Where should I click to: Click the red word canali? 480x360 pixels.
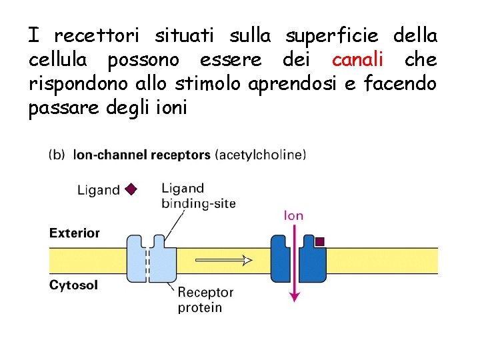357,61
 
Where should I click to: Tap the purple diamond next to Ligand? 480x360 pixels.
131,189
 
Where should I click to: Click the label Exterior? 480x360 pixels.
75,233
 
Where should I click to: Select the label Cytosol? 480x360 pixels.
74,285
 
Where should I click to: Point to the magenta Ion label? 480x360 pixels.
294,215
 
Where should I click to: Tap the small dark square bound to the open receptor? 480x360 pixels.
320,241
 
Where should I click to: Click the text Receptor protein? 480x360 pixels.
205,299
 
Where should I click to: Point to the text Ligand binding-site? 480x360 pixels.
198,196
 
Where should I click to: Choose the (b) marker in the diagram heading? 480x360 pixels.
57,155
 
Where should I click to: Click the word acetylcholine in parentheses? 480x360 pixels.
261,155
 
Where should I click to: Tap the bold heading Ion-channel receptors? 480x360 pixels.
141,155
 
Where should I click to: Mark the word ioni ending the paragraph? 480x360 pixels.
172,109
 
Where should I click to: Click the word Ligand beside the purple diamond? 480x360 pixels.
99,190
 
